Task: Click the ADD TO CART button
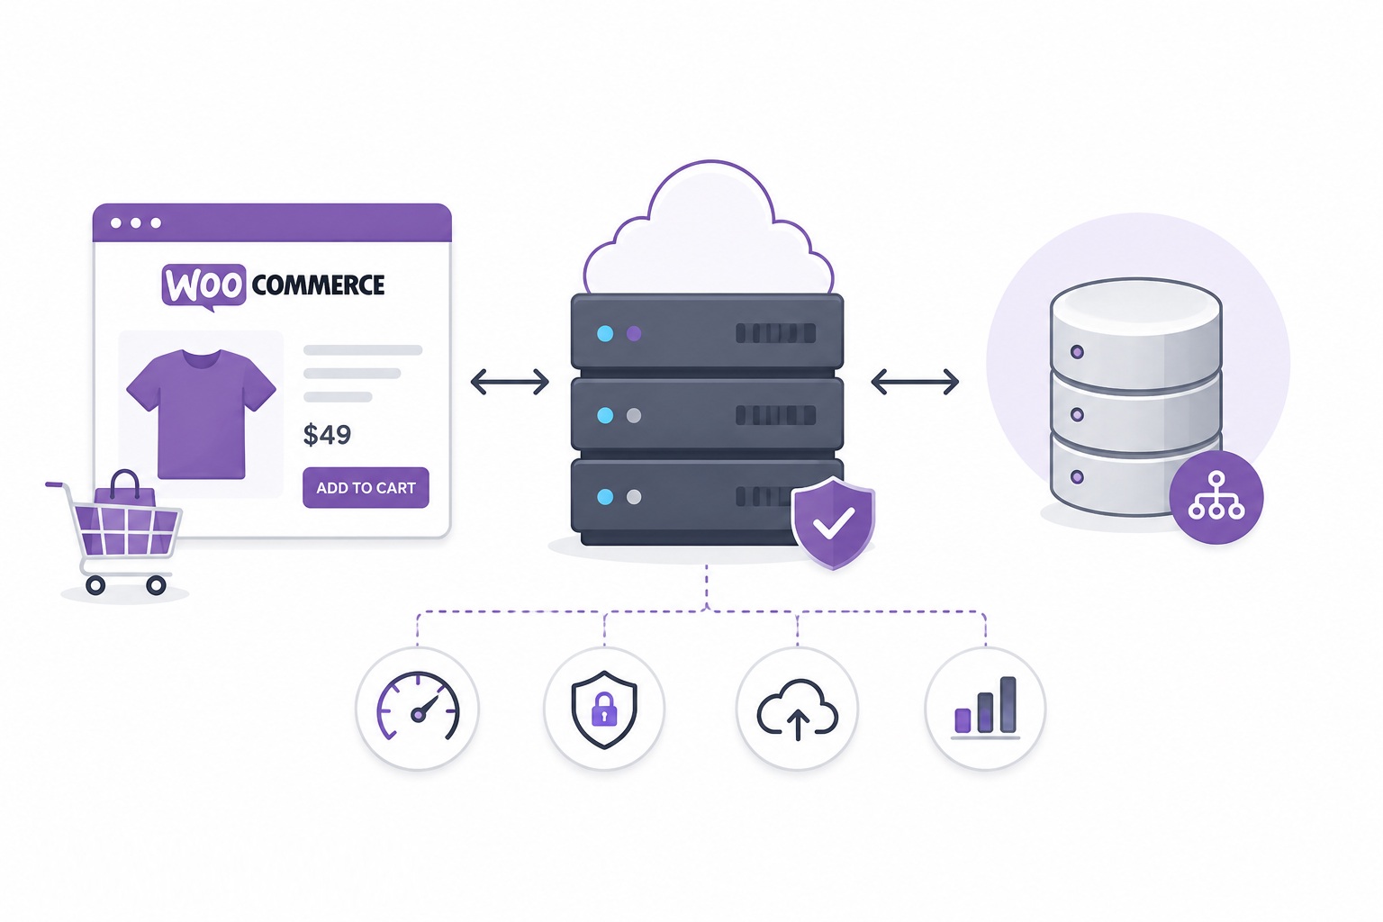pos(366,487)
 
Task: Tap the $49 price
pos(327,435)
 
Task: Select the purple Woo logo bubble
pos(203,286)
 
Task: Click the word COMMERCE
pos(318,285)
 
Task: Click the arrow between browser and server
pos(510,382)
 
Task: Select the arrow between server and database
pos(915,382)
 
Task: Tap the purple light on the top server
pos(634,333)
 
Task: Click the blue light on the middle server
pos(605,416)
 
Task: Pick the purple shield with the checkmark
pos(833,522)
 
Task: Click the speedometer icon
pos(418,707)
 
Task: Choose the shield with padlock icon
pos(604,709)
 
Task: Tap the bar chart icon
pos(985,708)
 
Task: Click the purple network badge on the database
pos(1216,497)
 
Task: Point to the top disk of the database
pos(1136,333)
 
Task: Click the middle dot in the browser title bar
pos(136,223)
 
